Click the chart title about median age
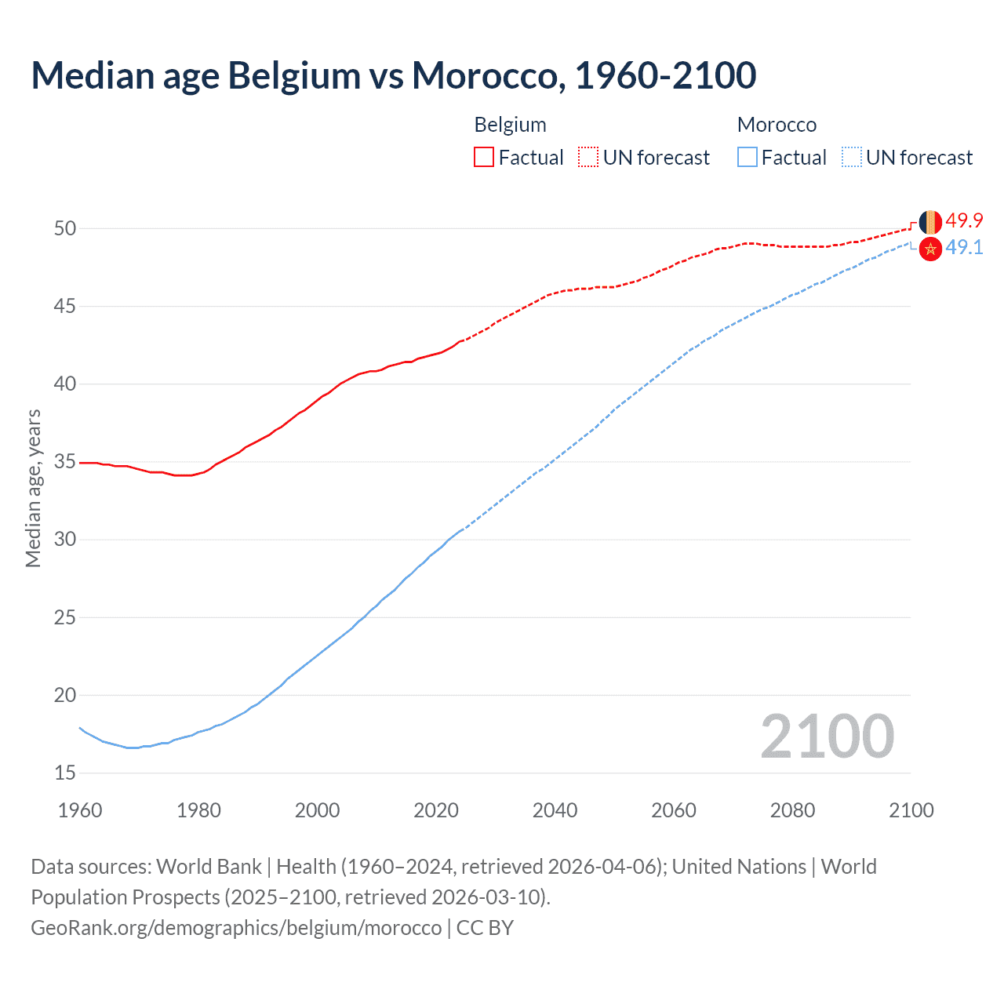pos(394,75)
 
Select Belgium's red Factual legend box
pos(484,158)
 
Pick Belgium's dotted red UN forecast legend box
pos(588,158)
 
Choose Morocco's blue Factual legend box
pos(748,158)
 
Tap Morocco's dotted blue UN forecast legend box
pos(852,158)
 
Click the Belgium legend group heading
pos(510,125)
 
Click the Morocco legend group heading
pos(777,125)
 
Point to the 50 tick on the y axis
pos(65,228)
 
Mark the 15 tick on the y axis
pos(65,773)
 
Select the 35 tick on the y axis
pos(65,462)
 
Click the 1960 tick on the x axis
pos(80,810)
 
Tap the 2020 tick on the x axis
pos(436,810)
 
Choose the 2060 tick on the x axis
pos(674,810)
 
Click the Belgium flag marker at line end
pos(930,222)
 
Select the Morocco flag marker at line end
pos(930,249)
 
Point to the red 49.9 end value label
pos(964,220)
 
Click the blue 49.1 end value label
pos(964,247)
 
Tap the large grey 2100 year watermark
pos(828,736)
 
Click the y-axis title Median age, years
pos(33,488)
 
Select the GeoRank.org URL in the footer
pos(236,927)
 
